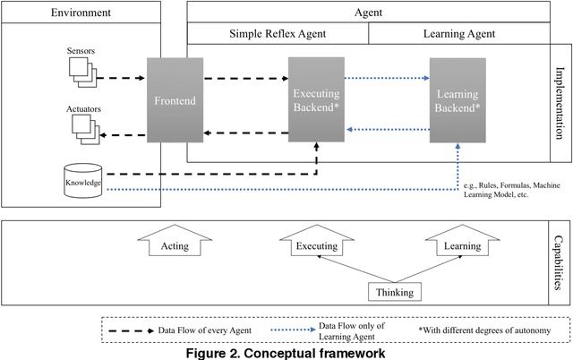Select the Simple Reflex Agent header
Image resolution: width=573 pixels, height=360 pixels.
pyautogui.click(x=277, y=34)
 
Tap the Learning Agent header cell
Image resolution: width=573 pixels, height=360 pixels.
pyautogui.click(x=459, y=34)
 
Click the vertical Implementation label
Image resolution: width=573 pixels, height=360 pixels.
pyautogui.click(x=561, y=104)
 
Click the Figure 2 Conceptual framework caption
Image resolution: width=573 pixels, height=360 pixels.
pyautogui.click(x=286, y=352)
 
